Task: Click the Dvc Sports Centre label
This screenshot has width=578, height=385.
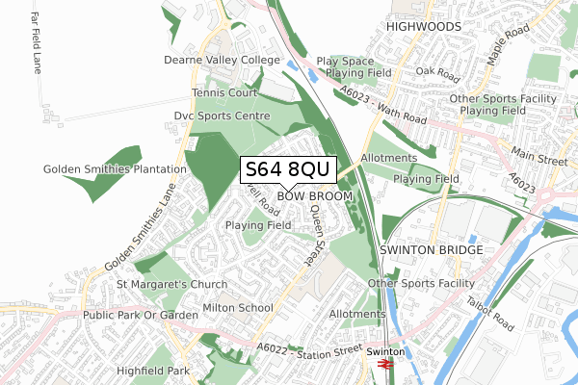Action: coord(221,115)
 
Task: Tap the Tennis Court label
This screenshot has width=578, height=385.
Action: coord(223,93)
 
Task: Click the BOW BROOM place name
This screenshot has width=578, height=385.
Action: coord(315,196)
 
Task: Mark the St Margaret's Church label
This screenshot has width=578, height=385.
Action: coord(171,285)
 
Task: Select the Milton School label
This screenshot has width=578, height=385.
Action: coord(238,308)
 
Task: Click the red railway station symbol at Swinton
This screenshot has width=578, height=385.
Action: coord(381,367)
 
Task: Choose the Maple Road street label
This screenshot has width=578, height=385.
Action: coord(509,45)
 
